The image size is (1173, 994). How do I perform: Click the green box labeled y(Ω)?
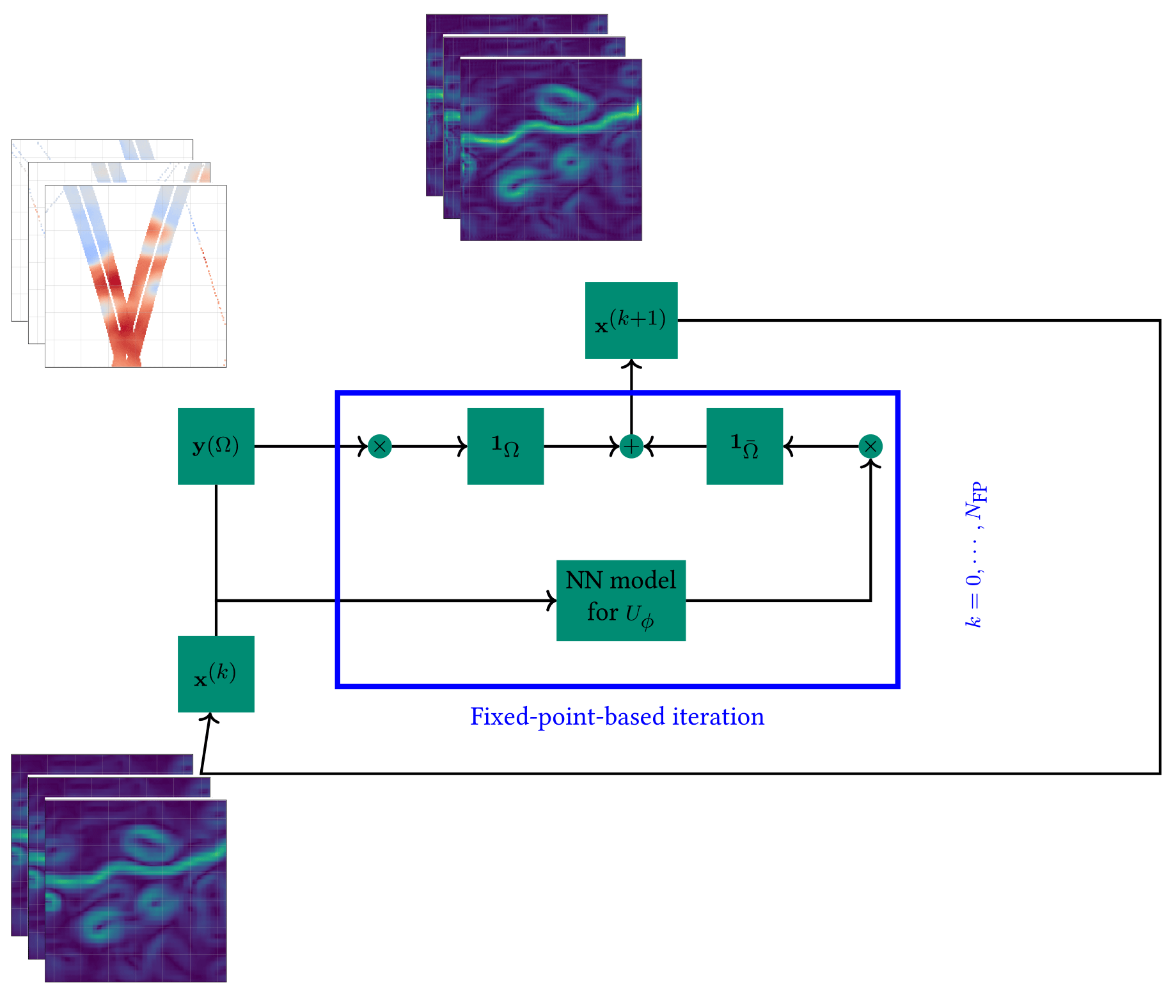[216, 446]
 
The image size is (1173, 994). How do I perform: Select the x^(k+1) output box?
[631, 320]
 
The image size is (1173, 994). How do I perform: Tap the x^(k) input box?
[216, 674]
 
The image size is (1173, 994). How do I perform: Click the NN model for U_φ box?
[620, 600]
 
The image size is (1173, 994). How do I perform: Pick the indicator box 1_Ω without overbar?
[505, 446]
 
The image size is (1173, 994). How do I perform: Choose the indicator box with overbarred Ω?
[744, 446]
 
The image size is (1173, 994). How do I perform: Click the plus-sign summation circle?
[631, 446]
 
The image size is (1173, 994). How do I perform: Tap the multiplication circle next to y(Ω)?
[380, 446]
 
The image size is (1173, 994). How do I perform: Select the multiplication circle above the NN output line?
[870, 446]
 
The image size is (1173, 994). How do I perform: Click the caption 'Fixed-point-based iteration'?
[617, 716]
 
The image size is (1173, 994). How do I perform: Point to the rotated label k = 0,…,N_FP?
[975, 554]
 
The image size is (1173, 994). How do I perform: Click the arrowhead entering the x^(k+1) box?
[631, 364]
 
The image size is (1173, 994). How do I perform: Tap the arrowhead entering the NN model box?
[552, 601]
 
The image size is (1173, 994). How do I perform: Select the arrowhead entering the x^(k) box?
[210, 718]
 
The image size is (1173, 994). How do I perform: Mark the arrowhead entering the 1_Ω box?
[462, 446]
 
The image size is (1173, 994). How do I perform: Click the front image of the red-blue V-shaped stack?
[136, 276]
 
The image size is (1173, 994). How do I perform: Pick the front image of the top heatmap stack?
[551, 150]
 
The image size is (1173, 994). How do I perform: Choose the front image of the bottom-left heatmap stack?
[136, 890]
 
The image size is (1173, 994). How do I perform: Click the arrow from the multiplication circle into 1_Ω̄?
[822, 446]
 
